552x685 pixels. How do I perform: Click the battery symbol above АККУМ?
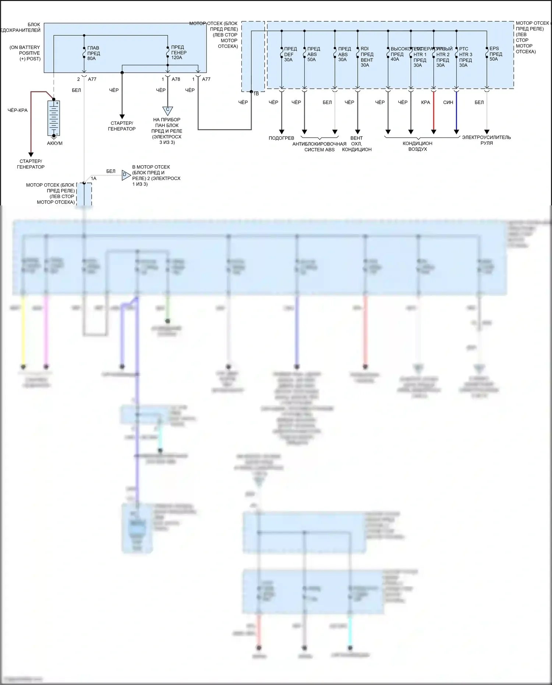pos(54,119)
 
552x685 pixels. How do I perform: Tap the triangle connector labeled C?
pos(167,110)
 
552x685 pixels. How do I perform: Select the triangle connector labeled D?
pos(125,175)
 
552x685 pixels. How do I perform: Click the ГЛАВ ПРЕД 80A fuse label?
pos(93,53)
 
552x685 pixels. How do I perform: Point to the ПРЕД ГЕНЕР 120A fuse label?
pos(178,53)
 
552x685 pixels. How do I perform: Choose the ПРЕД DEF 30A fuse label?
pos(290,54)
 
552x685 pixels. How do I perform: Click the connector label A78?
pos(176,79)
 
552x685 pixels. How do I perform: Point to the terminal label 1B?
pos(256,94)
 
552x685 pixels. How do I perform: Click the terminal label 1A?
pos(93,179)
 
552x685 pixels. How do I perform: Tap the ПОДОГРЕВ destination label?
pos(282,138)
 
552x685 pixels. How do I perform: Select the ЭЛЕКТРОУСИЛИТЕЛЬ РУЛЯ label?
pos(486,140)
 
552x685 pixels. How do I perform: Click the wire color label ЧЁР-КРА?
pos(18,110)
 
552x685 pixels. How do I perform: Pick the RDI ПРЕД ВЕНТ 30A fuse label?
pos(367,57)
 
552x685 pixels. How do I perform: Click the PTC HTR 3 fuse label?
pos(465,57)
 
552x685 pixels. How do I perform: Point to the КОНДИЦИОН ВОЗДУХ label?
pos(417,146)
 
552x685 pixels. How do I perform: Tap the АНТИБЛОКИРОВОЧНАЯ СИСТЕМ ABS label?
pos(319,146)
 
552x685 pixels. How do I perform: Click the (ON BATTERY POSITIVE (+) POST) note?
pos(25,53)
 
